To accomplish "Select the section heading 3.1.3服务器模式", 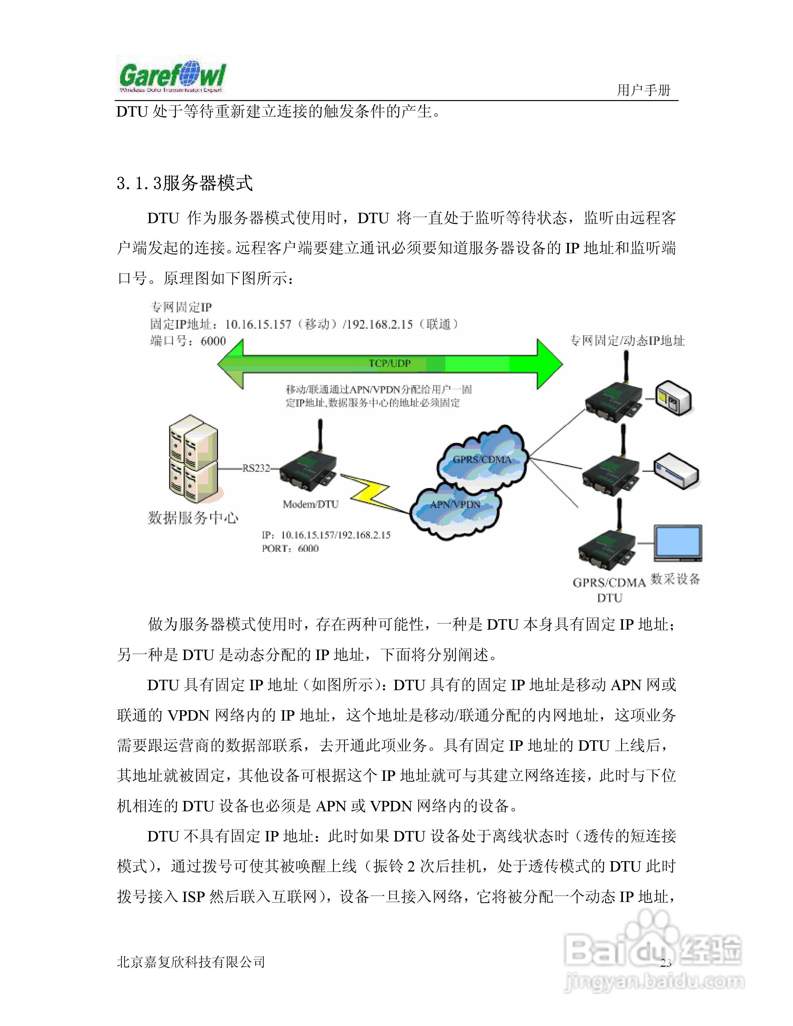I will (185, 183).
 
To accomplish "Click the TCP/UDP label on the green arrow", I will (389, 363).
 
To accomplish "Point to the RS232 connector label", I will (256, 468).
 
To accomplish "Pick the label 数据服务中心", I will (193, 518).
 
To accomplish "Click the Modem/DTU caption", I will (311, 504).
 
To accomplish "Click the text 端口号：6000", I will (188, 341).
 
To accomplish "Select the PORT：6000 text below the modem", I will (290, 548).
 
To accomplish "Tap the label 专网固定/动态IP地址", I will (627, 341).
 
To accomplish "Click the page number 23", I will (666, 963).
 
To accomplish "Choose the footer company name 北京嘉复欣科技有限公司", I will (191, 962).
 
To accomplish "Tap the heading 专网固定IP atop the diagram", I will (181, 307).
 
